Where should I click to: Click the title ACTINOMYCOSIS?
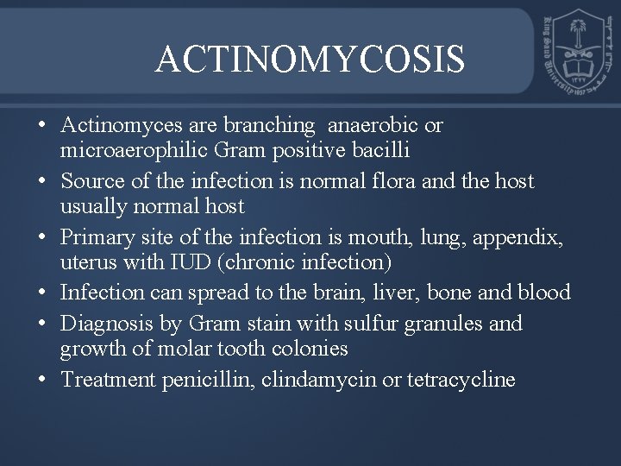click(x=310, y=59)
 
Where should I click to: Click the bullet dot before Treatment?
click(x=42, y=380)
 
